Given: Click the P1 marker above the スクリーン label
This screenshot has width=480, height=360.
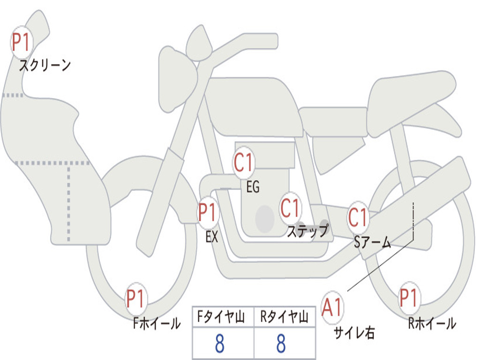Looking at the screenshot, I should [21, 43].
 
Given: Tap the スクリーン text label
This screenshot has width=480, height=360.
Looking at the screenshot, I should [45, 65].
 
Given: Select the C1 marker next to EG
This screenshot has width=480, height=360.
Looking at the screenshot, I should [244, 163].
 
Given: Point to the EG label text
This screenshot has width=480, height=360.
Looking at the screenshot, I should [253, 187].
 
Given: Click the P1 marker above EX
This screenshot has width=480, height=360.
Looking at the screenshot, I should [208, 213].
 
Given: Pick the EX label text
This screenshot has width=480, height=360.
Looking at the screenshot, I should [212, 237].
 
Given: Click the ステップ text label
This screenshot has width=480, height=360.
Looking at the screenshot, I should [307, 231].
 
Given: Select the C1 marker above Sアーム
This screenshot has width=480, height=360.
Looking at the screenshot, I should [359, 217].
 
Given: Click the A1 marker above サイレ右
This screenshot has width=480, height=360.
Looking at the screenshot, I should [332, 307].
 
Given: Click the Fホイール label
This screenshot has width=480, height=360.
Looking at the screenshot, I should [157, 323].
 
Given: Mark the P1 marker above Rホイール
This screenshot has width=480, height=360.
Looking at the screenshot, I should [409, 298].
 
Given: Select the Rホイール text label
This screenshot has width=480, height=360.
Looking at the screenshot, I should [432, 323].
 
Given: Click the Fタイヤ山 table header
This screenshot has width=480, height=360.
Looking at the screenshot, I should [223, 318].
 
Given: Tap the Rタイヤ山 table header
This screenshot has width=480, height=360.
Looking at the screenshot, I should [284, 318].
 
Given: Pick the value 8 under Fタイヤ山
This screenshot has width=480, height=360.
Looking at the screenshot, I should [219, 344].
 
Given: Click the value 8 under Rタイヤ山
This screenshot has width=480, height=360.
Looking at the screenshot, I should [281, 344].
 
